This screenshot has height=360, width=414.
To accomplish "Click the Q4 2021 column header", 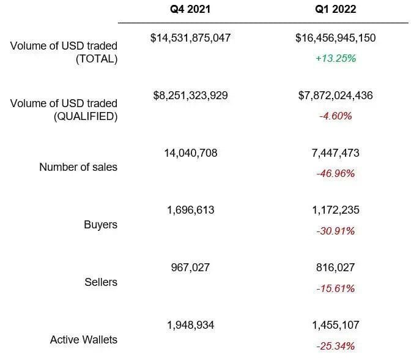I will pos(190,10).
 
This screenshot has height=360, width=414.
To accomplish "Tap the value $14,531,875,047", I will pos(190,38).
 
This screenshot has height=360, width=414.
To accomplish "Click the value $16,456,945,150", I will pos(335,38).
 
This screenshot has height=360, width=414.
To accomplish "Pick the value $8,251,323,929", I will pos(190,96).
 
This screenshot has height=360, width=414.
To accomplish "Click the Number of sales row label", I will pos(78,167).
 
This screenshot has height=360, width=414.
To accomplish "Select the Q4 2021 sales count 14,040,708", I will pos(190,153).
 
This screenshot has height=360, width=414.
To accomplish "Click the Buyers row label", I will pos(100,225).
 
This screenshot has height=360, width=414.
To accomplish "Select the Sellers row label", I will pos(100,282).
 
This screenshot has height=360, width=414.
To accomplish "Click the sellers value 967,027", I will pos(190,268).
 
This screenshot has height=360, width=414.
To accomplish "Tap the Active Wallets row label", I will pos(83,339).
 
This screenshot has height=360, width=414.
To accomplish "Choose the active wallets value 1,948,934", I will pos(190,325).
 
